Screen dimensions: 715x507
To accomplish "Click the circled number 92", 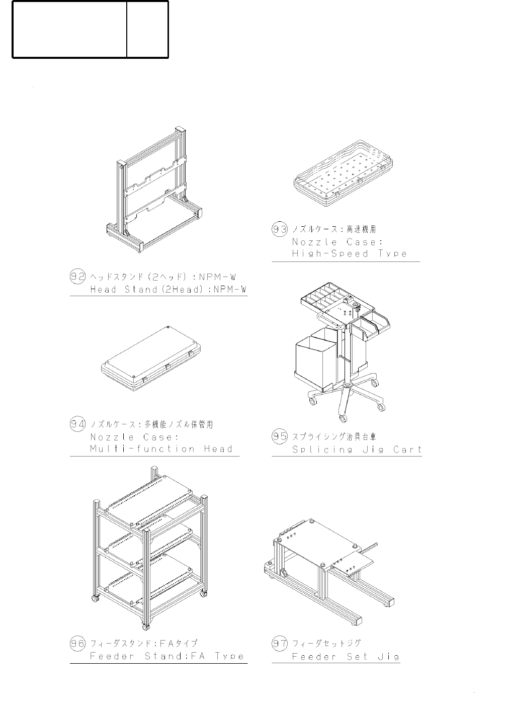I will pyautogui.click(x=77, y=276).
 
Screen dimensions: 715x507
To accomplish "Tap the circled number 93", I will pyautogui.click(x=280, y=229).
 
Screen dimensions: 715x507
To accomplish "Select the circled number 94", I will pyautogui.click(x=77, y=424).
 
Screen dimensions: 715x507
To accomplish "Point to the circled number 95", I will pyautogui.click(x=280, y=436).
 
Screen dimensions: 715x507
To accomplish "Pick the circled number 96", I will pyautogui.click(x=77, y=643).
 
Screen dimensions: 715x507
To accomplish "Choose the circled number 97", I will pyautogui.click(x=280, y=643).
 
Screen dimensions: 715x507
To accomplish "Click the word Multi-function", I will pyautogui.click(x=142, y=449).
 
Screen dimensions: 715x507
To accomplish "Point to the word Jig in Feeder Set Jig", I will pyautogui.click(x=388, y=657).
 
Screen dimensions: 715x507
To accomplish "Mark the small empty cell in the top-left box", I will pyautogui.click(x=147, y=29).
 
